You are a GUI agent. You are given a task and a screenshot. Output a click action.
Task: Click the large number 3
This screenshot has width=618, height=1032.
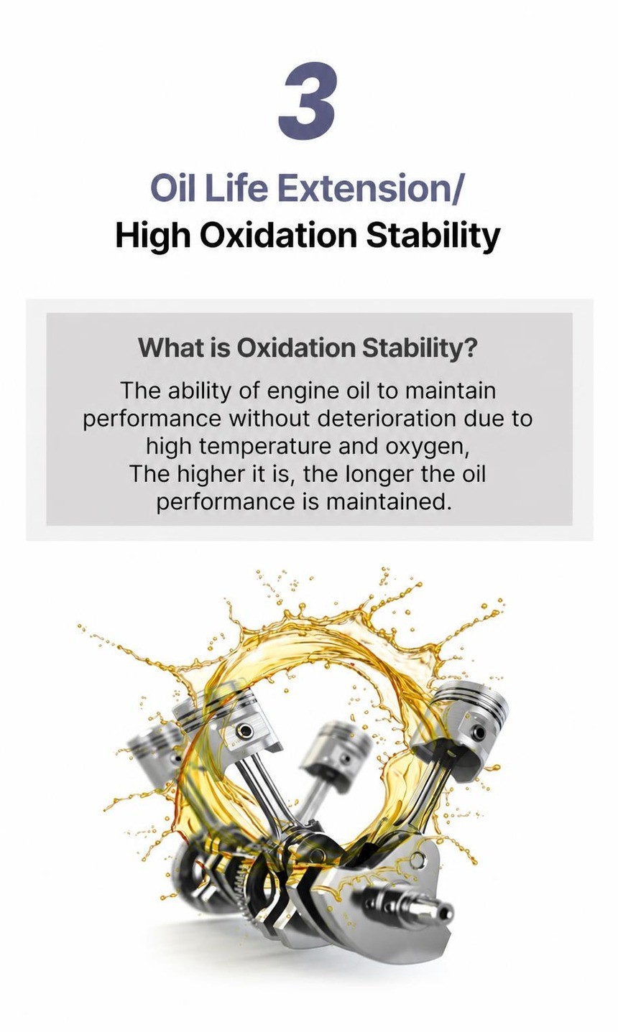307,99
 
